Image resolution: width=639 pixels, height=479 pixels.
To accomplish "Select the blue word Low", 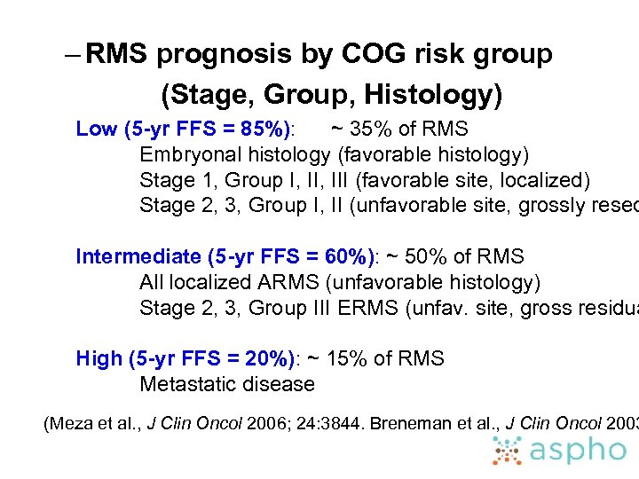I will pos(97,129).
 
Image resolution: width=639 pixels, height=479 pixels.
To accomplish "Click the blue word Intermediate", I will pos(138,257).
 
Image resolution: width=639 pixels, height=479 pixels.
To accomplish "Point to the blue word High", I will pos(99,359).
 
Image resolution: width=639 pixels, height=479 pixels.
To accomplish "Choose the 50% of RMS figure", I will pos(422,257).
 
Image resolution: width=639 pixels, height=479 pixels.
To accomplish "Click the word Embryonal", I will pos(190,155).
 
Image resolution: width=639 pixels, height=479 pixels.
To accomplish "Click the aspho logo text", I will pos(578,451).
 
